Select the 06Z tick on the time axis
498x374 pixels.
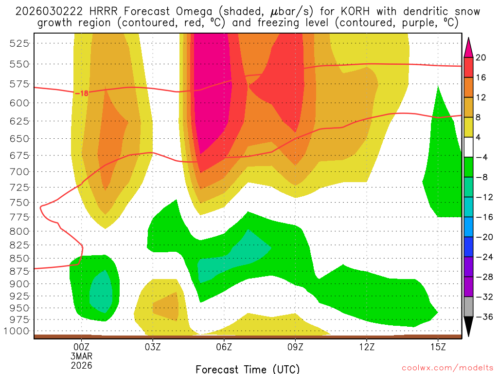224,347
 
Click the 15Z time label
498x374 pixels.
438,347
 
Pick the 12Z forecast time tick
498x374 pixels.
367,347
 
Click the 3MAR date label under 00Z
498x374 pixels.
81,356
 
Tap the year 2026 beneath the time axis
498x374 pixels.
81,365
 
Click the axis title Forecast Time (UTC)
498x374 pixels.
248,369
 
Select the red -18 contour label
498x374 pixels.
81,93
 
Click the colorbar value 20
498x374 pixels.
481,57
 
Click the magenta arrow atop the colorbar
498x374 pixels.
469,47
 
